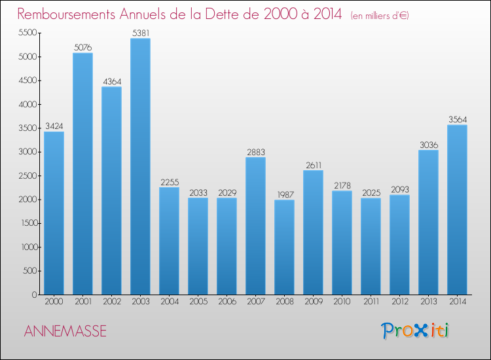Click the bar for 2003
coord(140,166)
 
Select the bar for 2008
coord(284,247)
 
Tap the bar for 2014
coord(457,209)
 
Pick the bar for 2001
coord(82,173)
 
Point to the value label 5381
coord(140,33)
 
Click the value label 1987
coord(284,194)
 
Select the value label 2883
coord(255,152)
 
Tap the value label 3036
coord(428,145)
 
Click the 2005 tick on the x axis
coord(198,302)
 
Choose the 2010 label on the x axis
coord(342,302)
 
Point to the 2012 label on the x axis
coord(399,302)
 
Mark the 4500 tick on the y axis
coord(26,81)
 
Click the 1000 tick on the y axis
coord(26,247)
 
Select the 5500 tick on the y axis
coord(26,33)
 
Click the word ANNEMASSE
coord(65,331)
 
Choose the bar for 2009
coord(313,232)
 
